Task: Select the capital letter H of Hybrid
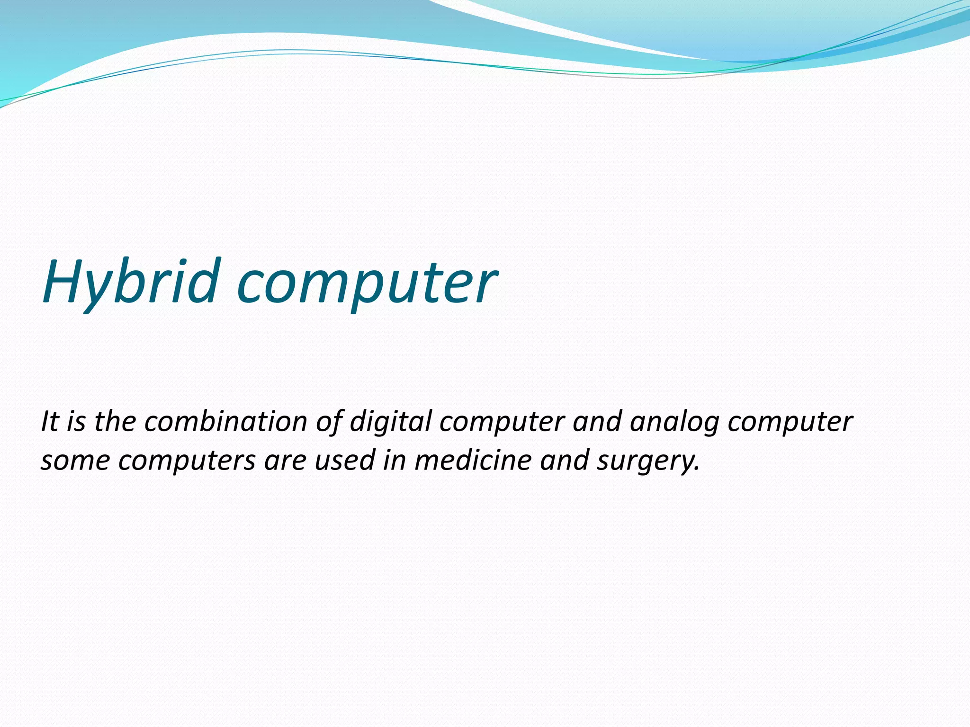click(x=64, y=281)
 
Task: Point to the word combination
click(x=226, y=421)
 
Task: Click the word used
click(x=345, y=460)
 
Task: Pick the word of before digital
click(x=329, y=421)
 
